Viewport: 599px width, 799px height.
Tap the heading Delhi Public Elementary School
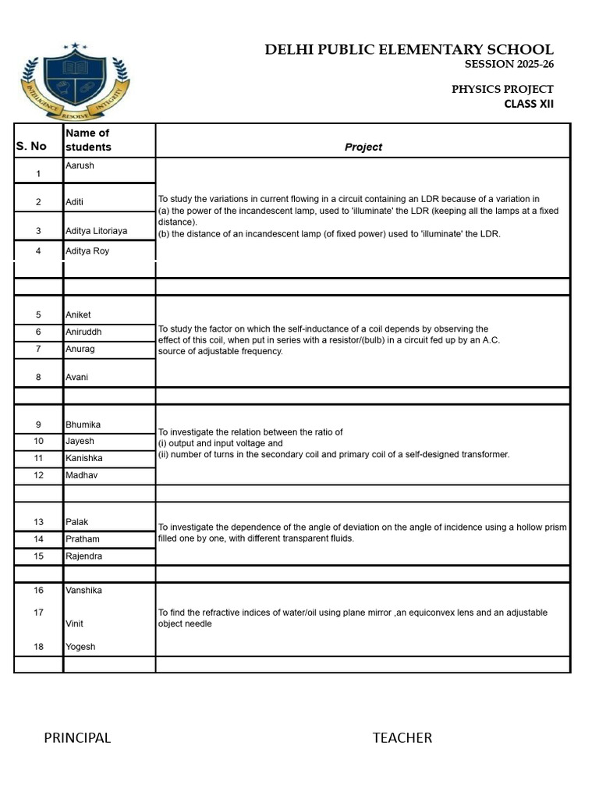(409, 50)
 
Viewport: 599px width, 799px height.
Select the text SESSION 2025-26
(509, 65)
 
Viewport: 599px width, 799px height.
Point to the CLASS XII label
(528, 104)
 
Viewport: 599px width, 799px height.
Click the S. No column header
(31, 146)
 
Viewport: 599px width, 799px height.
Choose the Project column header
(363, 147)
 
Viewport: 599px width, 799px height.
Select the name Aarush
(80, 166)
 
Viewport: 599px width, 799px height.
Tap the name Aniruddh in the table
(83, 332)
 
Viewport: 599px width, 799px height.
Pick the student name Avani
(76, 377)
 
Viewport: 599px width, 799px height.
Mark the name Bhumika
(83, 424)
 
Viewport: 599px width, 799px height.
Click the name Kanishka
(83, 458)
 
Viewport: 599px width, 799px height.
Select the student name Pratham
(82, 539)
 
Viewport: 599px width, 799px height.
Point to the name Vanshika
(83, 591)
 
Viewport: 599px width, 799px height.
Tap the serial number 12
(38, 475)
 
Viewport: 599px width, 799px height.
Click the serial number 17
(38, 613)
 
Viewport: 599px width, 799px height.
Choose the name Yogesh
(80, 647)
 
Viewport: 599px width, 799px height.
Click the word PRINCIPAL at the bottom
(77, 738)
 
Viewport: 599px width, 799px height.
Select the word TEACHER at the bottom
(402, 738)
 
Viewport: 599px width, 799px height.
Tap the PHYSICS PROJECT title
(502, 90)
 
